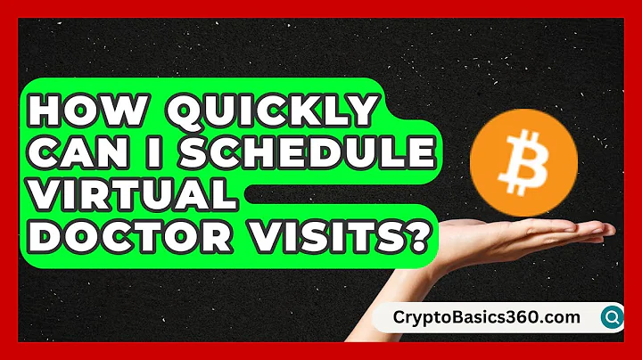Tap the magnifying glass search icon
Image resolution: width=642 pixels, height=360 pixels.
tap(613, 316)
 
